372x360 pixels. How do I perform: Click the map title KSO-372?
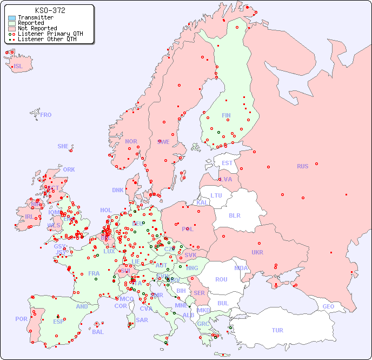pos(50,10)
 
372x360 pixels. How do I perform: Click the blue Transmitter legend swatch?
pos(12,18)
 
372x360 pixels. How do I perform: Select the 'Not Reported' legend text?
pos(37,28)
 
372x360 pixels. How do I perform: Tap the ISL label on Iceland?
pos(18,67)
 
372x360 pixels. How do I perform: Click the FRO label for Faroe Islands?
pos(46,115)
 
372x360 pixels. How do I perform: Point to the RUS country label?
pos(302,166)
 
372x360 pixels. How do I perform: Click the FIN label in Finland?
pos(226,115)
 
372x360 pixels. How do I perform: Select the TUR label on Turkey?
pos(277,330)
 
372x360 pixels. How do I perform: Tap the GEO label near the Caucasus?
pos(328,306)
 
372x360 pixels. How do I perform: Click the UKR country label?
pos(257,252)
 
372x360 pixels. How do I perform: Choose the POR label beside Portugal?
pos(21,319)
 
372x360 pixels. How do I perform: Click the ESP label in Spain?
pos(58,321)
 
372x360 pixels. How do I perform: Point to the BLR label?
pos(234,215)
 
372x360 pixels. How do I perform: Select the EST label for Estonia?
pos(227,163)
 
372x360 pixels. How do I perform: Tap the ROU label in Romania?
pos(221,279)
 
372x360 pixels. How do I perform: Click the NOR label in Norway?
pos(131,141)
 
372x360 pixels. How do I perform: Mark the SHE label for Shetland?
pos(63,146)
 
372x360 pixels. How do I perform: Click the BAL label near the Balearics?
pos(97,332)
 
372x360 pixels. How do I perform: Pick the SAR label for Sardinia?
pos(142,320)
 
